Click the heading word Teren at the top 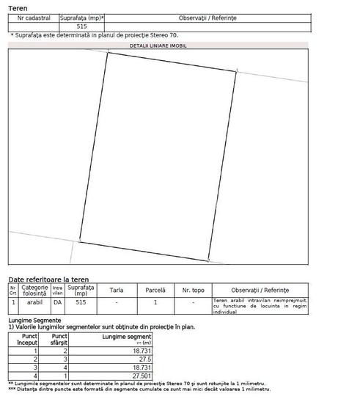click(x=18, y=7)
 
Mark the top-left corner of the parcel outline click(x=107, y=53)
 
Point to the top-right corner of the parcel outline click(x=236, y=71)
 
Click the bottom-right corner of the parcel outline click(x=208, y=260)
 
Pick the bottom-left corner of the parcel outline click(x=79, y=241)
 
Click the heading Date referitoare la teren click(x=48, y=279)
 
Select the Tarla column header click(x=116, y=290)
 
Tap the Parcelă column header click(x=155, y=290)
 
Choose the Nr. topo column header click(x=193, y=290)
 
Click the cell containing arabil click(x=34, y=301)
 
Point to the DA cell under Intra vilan click(x=57, y=301)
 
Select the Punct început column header click(x=29, y=339)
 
